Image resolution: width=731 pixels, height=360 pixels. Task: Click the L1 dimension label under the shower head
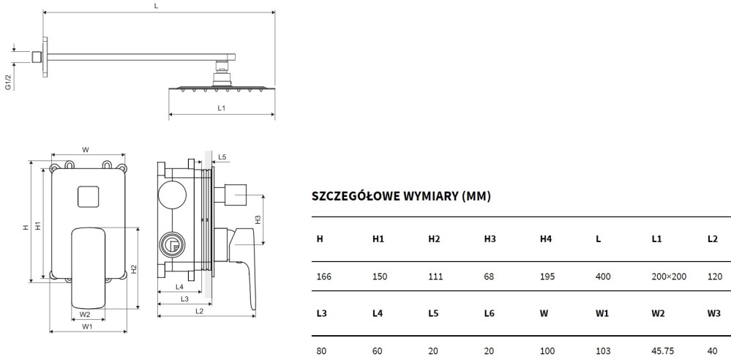coord(222,108)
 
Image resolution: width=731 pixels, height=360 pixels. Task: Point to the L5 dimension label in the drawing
coord(222,157)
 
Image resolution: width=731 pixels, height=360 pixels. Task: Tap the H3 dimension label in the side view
coord(258,220)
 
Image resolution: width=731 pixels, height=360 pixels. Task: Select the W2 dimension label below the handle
coord(85,314)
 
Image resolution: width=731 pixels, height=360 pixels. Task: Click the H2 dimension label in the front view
coord(134,269)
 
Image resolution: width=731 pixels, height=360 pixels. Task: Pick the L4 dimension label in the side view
coord(179,286)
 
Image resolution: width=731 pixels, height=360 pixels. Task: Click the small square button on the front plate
coord(88,197)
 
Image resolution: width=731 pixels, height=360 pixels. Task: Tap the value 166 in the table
coord(323,277)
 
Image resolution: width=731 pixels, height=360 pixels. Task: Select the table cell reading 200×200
coord(669,277)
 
